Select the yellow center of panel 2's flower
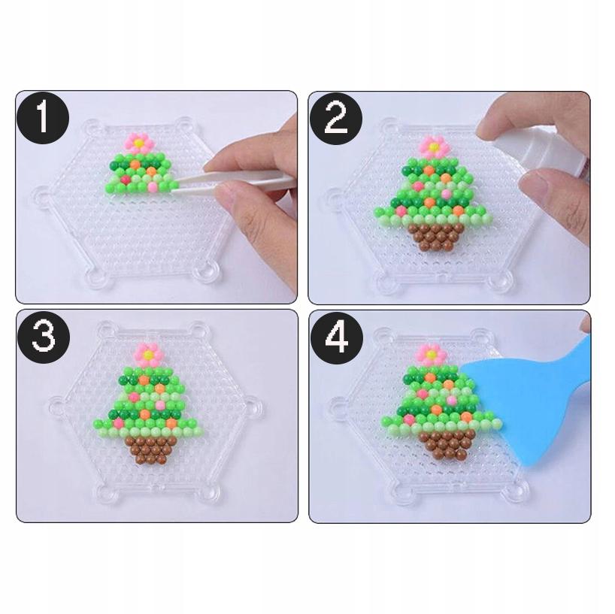pyautogui.click(x=432, y=144)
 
